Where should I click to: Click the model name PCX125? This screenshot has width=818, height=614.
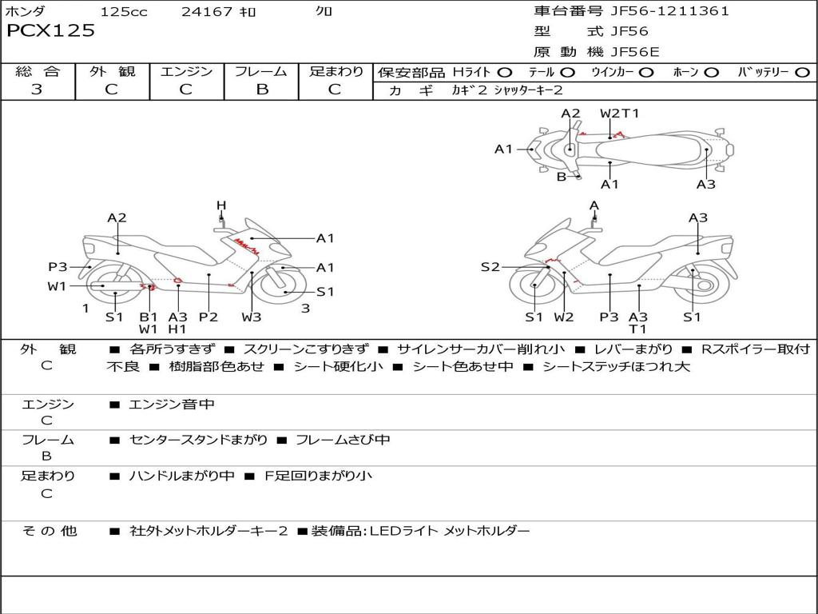coord(50,31)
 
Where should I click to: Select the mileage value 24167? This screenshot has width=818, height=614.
coord(206,12)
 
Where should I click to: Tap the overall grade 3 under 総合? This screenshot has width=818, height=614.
coord(37,90)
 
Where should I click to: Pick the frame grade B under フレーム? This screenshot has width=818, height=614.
coord(261,90)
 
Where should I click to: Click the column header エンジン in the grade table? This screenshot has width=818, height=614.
coord(186,71)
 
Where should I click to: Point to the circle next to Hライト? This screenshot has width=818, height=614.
coord(505,73)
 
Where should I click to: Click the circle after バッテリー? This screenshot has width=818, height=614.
coord(802,73)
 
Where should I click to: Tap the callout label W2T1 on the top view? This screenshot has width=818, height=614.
coord(619,114)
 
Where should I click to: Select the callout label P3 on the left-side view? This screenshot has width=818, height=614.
coord(58,268)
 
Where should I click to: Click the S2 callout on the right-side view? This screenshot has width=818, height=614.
coord(490,267)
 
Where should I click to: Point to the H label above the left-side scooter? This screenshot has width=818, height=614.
coord(221,205)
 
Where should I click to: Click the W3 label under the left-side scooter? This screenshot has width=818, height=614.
coord(252,317)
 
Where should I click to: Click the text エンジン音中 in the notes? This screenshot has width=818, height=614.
coord(172,405)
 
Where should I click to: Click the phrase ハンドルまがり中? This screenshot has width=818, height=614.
coord(182,476)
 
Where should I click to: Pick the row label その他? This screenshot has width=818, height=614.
coord(49,531)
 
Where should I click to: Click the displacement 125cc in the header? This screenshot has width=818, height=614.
coord(124,12)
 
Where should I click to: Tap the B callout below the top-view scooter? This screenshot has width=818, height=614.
coord(562,177)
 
